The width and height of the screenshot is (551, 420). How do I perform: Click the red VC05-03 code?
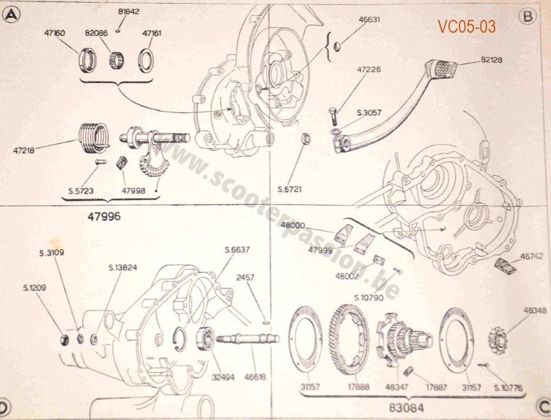(x=467, y=26)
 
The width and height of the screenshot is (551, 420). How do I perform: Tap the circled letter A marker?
(x=10, y=17)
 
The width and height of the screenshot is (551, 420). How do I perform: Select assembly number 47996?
(x=103, y=216)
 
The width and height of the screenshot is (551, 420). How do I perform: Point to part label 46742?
(x=531, y=255)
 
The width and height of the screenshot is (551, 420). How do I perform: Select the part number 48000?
(x=293, y=225)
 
